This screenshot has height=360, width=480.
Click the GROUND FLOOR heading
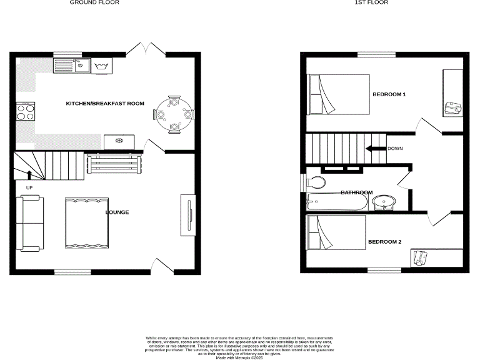[94, 2]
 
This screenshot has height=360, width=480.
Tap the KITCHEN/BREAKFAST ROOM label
[105, 103]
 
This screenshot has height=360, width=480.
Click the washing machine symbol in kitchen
[101, 65]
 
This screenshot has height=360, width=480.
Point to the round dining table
[174, 114]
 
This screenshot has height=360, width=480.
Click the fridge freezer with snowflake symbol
[119, 142]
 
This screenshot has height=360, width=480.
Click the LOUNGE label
[117, 212]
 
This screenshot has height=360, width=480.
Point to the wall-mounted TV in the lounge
[187, 215]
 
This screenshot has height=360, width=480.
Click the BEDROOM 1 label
[389, 94]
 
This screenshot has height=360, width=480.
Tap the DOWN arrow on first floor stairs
[377, 149]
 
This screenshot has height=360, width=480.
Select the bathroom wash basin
[384, 202]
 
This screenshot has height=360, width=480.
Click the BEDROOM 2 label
[384, 242]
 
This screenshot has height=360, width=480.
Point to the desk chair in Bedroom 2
[421, 257]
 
